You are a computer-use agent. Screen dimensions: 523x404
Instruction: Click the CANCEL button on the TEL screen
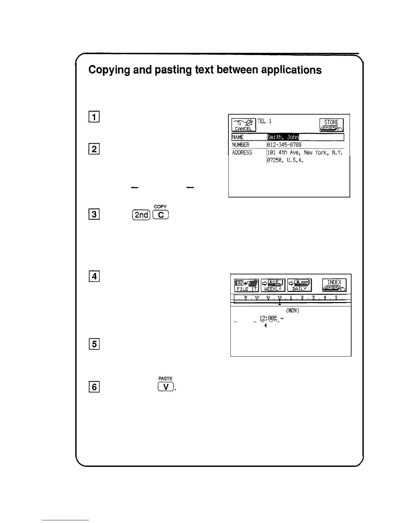244,125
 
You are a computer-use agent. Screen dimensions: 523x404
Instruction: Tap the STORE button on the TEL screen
331,125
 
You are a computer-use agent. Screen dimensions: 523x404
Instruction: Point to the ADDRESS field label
242,153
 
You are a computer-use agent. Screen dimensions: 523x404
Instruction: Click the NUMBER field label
241,145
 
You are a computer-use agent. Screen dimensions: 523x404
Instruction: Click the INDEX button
334,285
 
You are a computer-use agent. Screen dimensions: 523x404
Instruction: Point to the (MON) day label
292,311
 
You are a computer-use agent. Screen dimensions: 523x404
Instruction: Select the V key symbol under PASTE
165,387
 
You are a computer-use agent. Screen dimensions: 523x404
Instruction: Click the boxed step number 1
94,117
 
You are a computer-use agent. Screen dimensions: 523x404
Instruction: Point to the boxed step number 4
94,276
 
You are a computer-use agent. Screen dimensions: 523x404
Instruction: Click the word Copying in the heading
109,70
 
